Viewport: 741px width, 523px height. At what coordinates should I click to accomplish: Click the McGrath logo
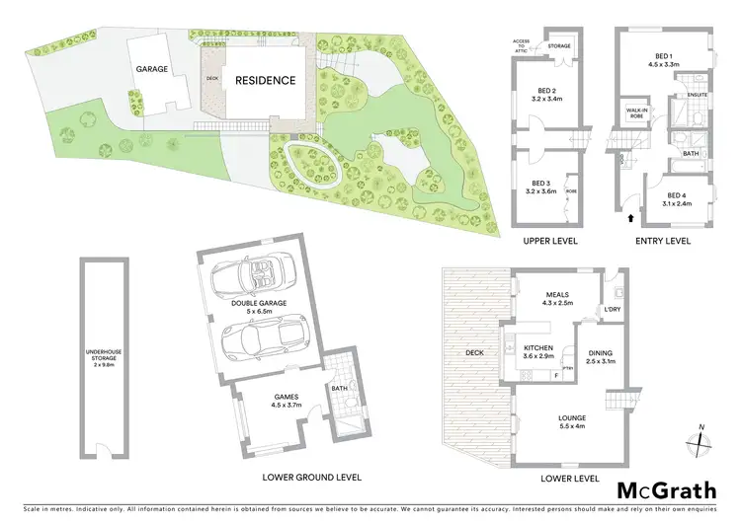668,489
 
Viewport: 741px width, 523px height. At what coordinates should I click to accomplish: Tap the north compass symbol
700,439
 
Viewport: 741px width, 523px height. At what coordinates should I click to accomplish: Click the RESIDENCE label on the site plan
264,81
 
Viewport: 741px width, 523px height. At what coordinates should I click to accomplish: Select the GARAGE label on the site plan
151,69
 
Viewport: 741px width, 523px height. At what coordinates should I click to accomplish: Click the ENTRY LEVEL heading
663,241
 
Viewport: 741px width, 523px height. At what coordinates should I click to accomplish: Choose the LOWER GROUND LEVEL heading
311,477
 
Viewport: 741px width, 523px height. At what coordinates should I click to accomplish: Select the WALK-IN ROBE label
633,113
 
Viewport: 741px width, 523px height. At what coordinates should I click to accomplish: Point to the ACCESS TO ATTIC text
523,44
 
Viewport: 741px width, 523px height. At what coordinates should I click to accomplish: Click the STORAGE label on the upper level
560,44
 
